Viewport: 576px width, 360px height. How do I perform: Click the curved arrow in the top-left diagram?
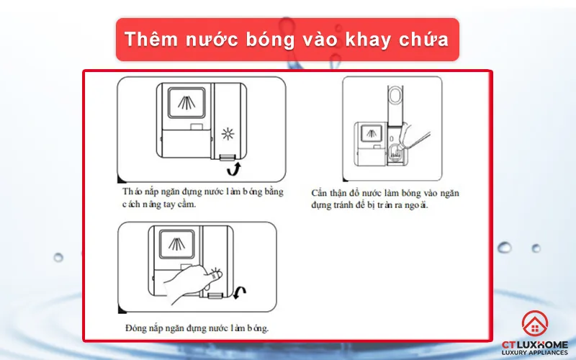click(233, 168)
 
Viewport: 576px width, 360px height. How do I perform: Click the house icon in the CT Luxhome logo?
click(533, 326)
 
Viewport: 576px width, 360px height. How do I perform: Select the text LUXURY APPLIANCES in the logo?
click(533, 353)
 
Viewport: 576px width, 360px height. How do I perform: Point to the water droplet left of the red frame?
click(58, 257)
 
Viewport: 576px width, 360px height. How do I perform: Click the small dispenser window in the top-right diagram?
click(372, 133)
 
